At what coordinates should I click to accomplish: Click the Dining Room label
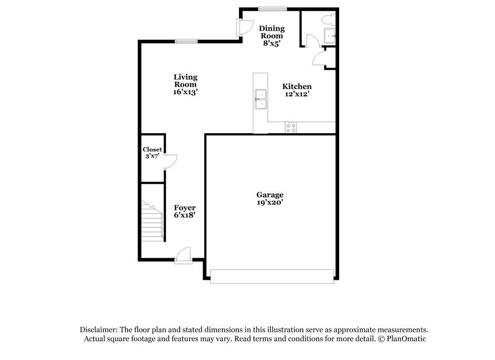pyautogui.click(x=272, y=32)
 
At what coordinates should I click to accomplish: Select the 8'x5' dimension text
pyautogui.click(x=272, y=43)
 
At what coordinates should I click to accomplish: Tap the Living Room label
pyautogui.click(x=185, y=80)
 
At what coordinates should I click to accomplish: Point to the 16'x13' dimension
pyautogui.click(x=185, y=92)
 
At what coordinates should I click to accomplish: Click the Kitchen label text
pyautogui.click(x=297, y=86)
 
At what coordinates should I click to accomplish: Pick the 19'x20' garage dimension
pyautogui.click(x=270, y=202)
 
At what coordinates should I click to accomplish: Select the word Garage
pyautogui.click(x=270, y=195)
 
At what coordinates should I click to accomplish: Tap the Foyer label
pyautogui.click(x=185, y=207)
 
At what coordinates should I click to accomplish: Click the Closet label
pyautogui.click(x=152, y=150)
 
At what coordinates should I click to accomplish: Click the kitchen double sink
pyautogui.click(x=260, y=99)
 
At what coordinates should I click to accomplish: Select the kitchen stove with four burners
pyautogui.click(x=291, y=127)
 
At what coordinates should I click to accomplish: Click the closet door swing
pyautogui.click(x=170, y=161)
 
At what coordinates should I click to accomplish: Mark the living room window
pyautogui.click(x=186, y=42)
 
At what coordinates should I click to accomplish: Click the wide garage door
pyautogui.click(x=272, y=276)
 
